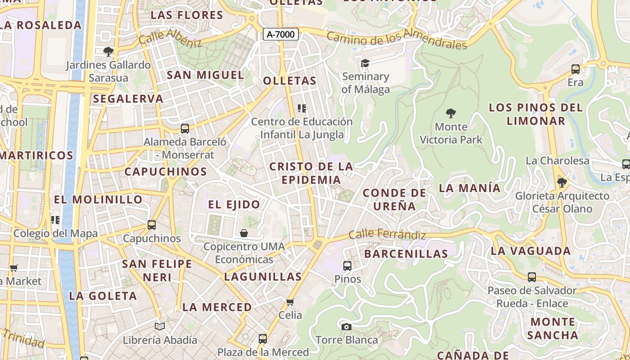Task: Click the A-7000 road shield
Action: (x=281, y=34)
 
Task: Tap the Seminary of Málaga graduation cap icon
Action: (x=365, y=63)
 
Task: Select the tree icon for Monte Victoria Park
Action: (x=450, y=113)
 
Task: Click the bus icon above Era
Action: (x=575, y=69)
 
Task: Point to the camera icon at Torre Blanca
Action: (x=346, y=326)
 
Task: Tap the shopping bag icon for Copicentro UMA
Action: (x=243, y=233)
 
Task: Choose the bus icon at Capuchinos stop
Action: (x=152, y=225)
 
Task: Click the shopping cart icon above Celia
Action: (x=290, y=301)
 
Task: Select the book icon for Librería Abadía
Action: (x=160, y=326)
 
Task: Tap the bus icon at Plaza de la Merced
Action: (x=263, y=338)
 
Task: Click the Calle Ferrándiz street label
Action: (x=387, y=234)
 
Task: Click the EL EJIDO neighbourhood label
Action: (x=234, y=205)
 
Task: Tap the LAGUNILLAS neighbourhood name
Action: (x=263, y=277)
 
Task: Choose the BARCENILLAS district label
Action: (x=406, y=254)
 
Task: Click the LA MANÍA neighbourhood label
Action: (x=469, y=188)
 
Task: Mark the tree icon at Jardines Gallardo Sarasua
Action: (x=108, y=52)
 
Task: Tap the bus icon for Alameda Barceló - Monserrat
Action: (x=184, y=129)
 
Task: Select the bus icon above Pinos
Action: (x=347, y=266)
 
